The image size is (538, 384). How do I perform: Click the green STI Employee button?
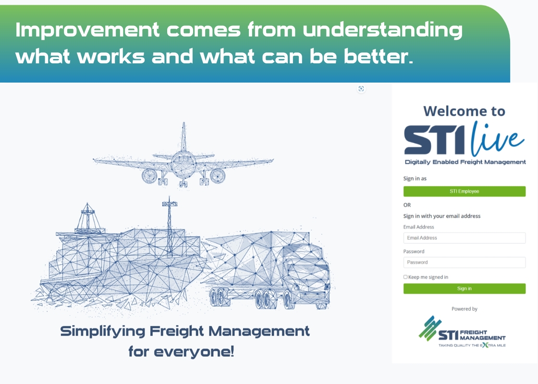point(464,192)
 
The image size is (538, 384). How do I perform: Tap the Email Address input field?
point(464,238)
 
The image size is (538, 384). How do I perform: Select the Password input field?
point(464,262)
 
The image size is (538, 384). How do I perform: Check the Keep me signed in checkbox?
point(405,277)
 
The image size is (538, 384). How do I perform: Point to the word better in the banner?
point(378,56)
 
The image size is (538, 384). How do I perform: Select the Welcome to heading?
point(464,111)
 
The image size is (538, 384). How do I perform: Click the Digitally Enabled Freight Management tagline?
point(465,162)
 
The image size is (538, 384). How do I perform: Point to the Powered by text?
point(464,309)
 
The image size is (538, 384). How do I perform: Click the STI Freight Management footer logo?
point(462,332)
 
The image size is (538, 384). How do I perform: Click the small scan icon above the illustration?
point(361,89)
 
